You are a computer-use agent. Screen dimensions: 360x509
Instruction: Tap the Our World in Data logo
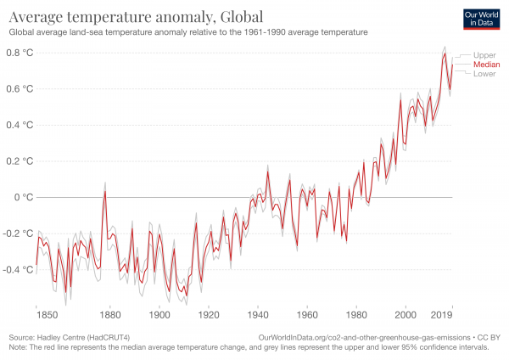[478, 18]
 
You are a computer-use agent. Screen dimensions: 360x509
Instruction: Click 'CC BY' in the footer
[490, 337]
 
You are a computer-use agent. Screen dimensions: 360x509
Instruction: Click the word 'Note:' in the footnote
[17, 346]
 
